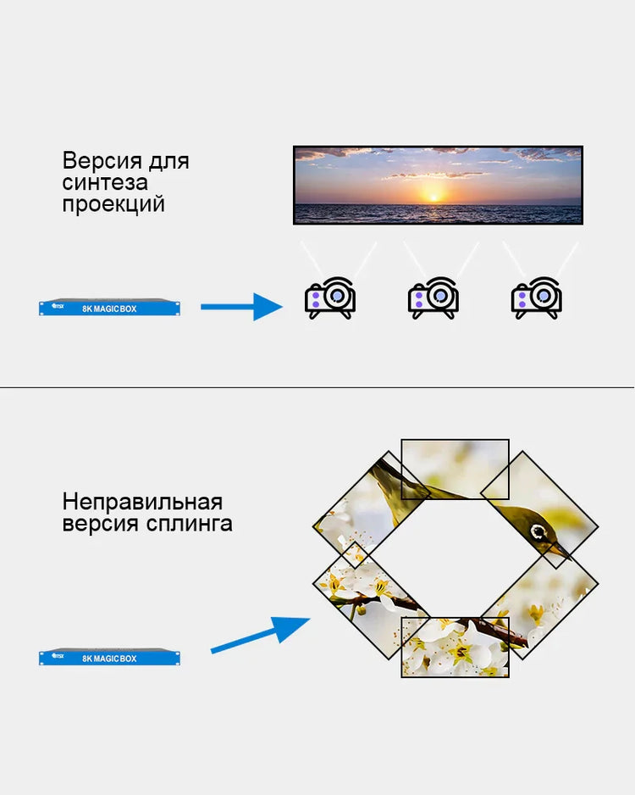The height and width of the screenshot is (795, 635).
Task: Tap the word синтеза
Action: click(105, 182)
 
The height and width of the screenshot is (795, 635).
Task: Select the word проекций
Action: click(113, 204)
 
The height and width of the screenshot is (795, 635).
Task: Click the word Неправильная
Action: click(142, 503)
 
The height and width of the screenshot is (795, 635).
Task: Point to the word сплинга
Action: click(190, 524)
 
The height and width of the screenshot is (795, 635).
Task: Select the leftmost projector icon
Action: click(329, 298)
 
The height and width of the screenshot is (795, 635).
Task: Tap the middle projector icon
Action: click(433, 298)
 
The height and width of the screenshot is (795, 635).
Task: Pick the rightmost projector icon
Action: click(536, 298)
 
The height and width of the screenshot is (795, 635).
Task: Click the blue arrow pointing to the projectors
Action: click(241, 307)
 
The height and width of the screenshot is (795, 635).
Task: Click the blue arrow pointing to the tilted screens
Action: click(260, 635)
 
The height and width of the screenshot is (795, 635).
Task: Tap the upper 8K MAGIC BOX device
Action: click(109, 308)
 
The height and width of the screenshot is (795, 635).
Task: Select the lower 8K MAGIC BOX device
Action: click(109, 657)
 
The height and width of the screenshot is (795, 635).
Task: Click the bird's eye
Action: click(538, 532)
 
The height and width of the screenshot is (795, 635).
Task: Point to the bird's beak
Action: click(560, 550)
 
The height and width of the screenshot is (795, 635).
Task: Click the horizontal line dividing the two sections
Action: click(317, 388)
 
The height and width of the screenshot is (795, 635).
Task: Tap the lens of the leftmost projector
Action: click(337, 295)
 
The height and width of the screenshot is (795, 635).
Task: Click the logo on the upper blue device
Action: click(58, 306)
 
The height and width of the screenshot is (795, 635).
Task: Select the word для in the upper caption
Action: click(168, 162)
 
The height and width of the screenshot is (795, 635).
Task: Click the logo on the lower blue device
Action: click(58, 655)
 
